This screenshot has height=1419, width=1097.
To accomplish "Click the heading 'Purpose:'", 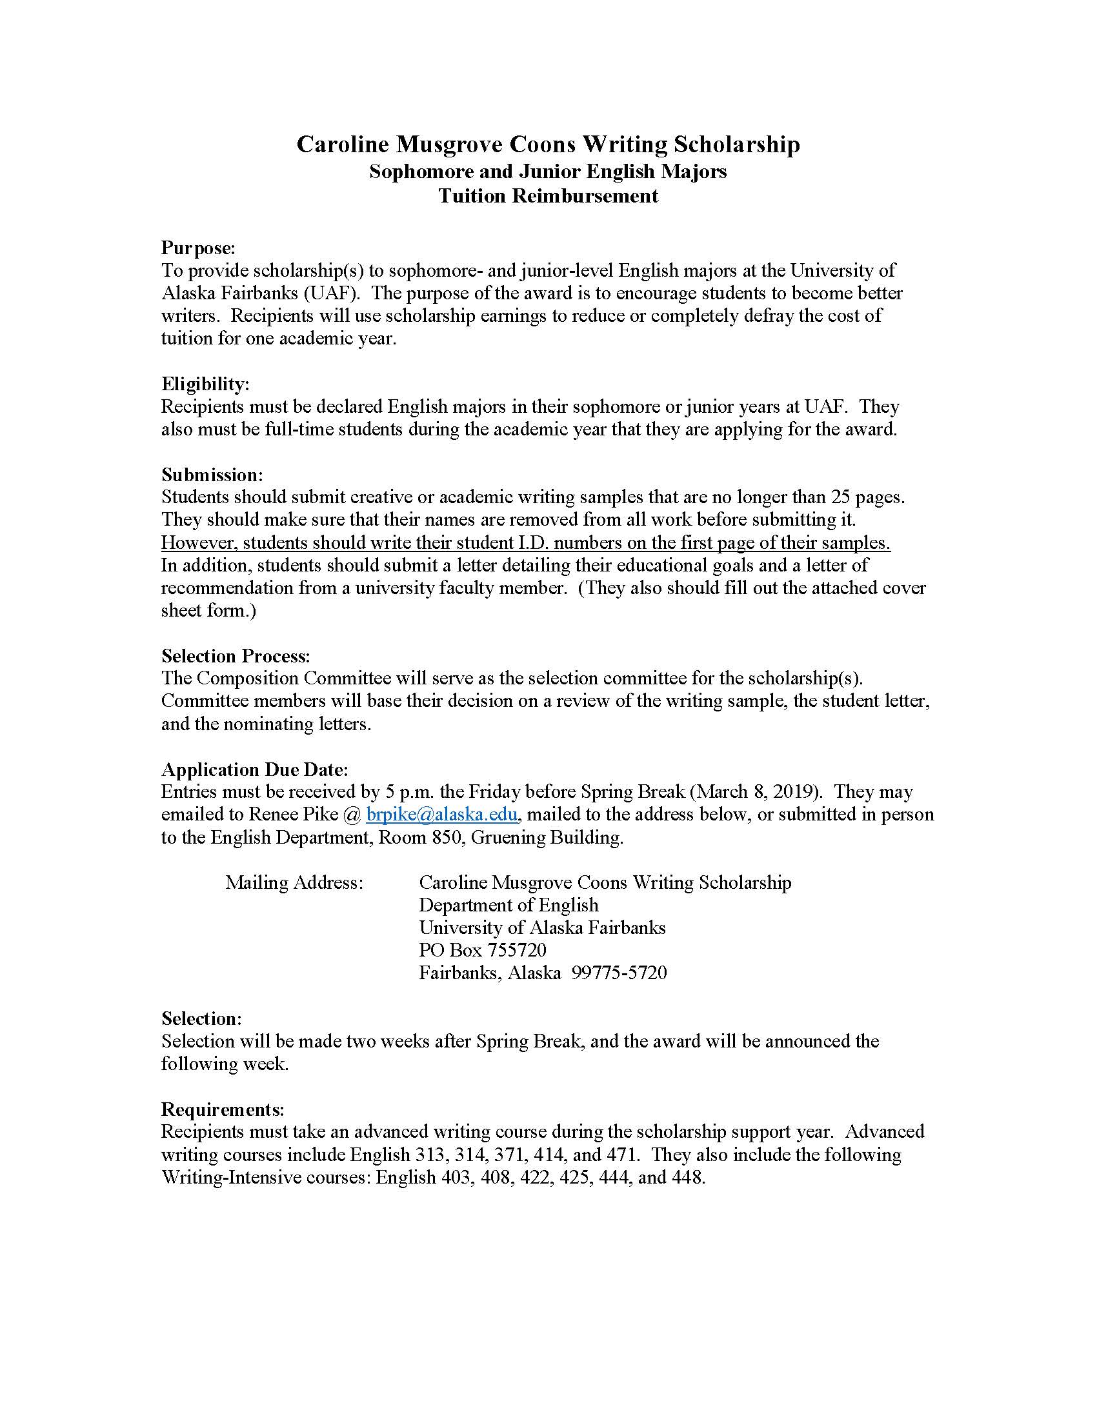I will click(197, 248).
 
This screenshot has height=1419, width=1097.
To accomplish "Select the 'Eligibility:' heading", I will click(205, 384).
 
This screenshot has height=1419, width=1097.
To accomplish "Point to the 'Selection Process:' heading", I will click(236, 655).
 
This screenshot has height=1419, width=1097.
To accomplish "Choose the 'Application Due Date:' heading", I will click(255, 769).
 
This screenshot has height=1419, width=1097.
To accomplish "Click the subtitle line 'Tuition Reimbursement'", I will click(548, 195).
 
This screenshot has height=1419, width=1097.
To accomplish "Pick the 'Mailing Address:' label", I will click(294, 882).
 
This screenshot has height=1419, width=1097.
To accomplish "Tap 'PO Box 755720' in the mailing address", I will click(482, 950).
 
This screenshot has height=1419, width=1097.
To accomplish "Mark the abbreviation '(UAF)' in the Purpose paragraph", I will click(332, 293).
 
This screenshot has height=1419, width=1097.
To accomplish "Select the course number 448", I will click(690, 1177).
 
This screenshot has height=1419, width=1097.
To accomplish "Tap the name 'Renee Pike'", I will click(296, 815).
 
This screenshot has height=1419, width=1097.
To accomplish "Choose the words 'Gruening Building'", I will click(547, 837).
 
